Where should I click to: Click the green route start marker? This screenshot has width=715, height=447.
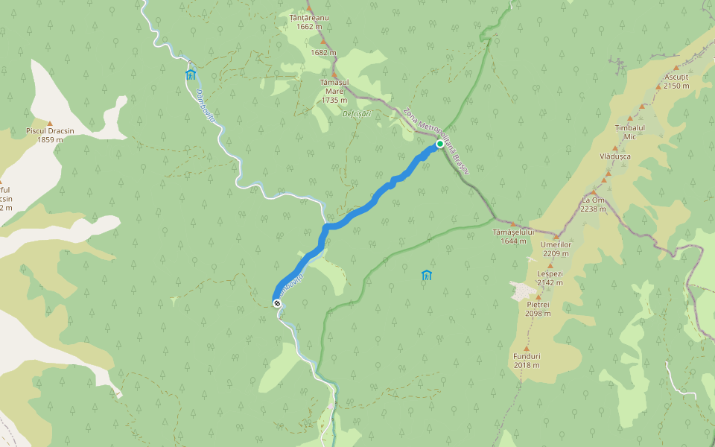tap(440, 144)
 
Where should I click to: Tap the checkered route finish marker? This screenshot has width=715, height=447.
tap(277, 303)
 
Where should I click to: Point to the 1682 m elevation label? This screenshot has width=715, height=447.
tap(324, 53)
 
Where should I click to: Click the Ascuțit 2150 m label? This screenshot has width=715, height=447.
tap(676, 81)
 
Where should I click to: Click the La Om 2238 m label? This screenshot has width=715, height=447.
tap(593, 204)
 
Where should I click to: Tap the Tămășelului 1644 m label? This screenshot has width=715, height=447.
tap(514, 236)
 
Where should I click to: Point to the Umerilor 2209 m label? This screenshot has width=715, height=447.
tap(556, 249)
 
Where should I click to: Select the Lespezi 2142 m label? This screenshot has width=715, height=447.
tap(550, 278)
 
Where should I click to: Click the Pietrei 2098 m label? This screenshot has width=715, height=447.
tap(538, 308)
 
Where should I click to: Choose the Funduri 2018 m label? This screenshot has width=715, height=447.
tap(526, 361)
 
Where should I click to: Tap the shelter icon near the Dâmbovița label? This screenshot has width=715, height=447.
tap(191, 74)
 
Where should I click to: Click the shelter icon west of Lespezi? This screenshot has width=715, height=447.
tap(426, 276)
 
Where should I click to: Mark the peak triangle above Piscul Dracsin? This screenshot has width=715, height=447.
tap(50, 123)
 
